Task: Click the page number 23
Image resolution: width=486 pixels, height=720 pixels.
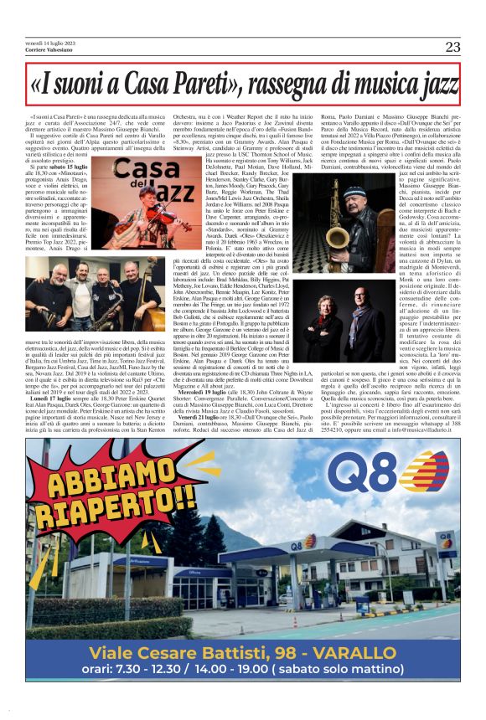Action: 452,47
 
